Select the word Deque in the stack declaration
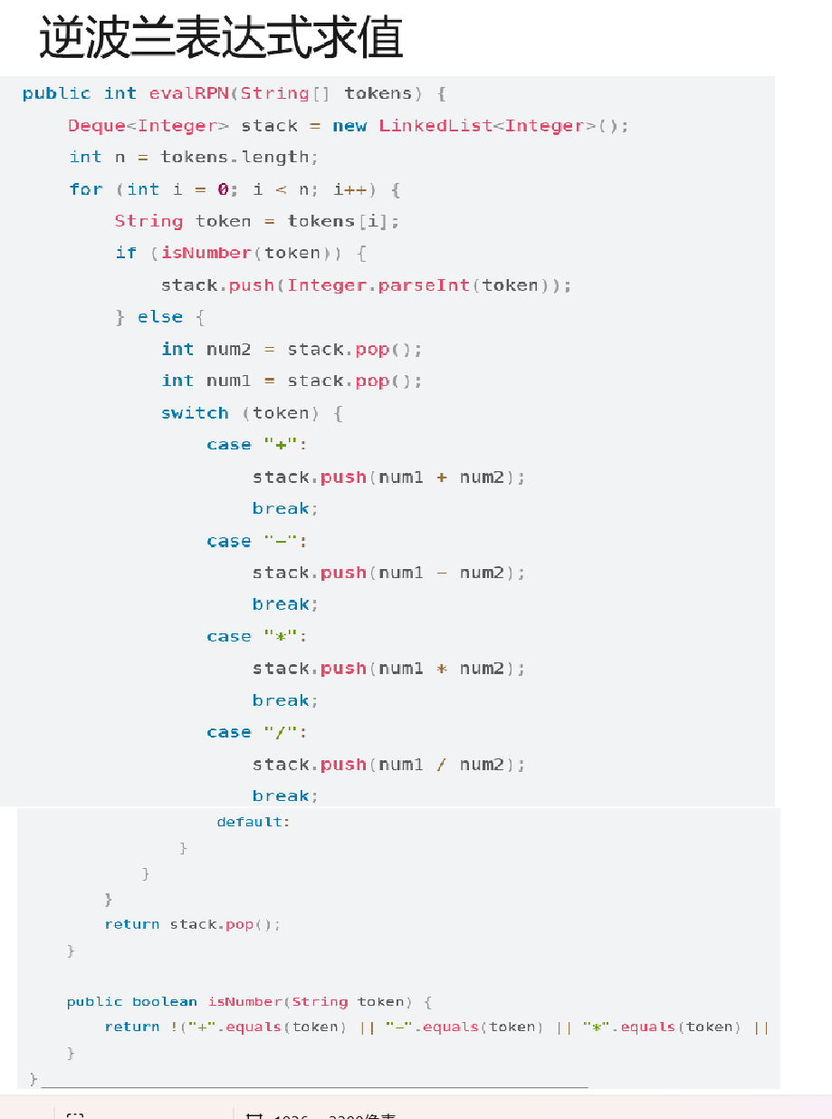click(97, 126)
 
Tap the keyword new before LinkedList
click(349, 126)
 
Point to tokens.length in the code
click(234, 158)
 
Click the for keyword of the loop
click(86, 189)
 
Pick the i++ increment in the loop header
click(349, 189)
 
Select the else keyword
click(160, 317)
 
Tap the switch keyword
click(195, 413)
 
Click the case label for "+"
click(228, 445)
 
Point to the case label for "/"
click(228, 732)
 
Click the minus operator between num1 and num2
click(442, 573)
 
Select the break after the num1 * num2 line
click(281, 700)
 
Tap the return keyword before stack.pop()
click(131, 924)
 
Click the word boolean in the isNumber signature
click(164, 1001)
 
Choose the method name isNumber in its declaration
click(244, 1001)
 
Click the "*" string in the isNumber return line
click(594, 1027)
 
